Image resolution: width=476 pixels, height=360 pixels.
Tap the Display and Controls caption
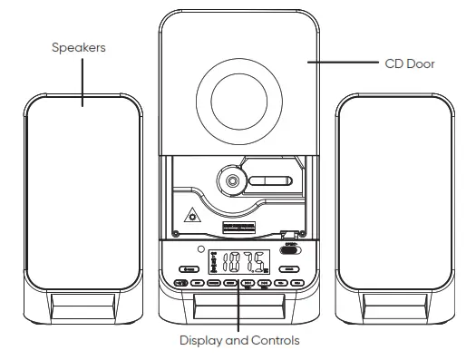(x=239, y=341)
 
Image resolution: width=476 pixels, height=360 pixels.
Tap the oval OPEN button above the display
(x=290, y=252)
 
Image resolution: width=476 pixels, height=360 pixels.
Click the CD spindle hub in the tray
(x=231, y=180)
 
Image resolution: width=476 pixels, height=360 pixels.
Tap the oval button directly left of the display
(x=190, y=269)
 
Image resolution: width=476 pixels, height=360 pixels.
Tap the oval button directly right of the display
(x=289, y=269)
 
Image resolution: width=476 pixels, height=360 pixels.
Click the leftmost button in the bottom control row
(x=180, y=284)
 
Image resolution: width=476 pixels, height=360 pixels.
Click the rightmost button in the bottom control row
(x=297, y=284)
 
